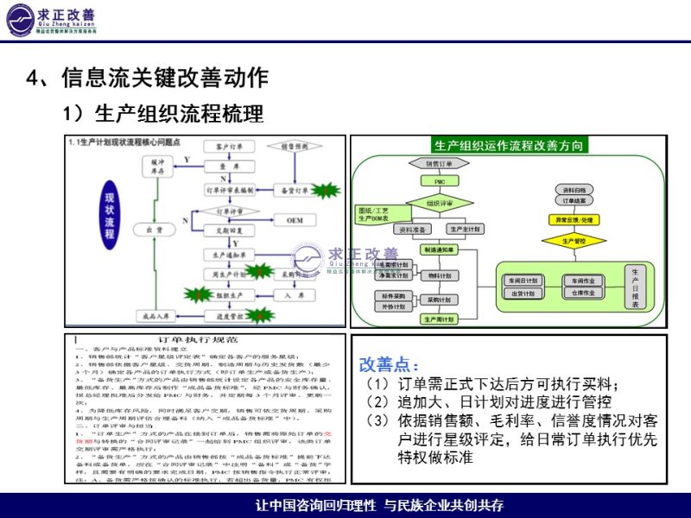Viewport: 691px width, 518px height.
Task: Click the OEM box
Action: click(x=295, y=220)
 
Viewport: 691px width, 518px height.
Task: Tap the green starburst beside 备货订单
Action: click(x=326, y=188)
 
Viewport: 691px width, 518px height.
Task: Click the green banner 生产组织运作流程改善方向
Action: click(x=509, y=144)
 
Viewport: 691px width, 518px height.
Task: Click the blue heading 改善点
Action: click(x=389, y=365)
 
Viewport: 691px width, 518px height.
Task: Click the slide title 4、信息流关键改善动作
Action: click(x=148, y=79)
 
